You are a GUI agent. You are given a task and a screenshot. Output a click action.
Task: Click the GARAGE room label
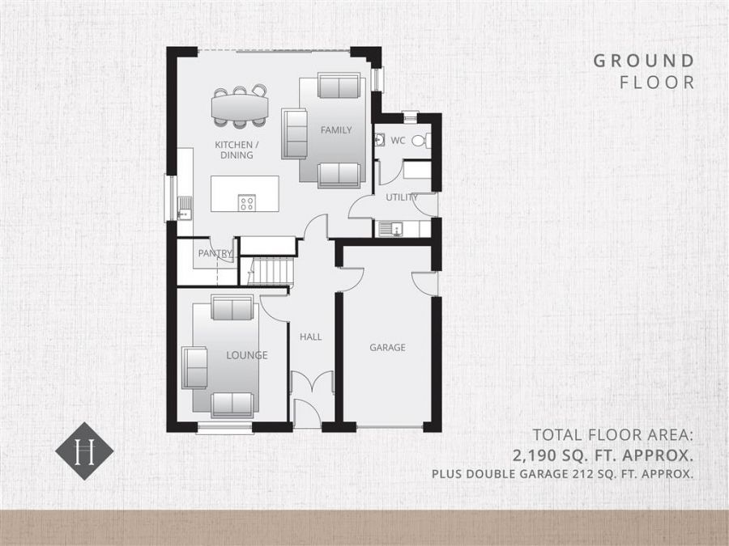(387, 348)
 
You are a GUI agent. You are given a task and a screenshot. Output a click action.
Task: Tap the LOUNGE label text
(246, 355)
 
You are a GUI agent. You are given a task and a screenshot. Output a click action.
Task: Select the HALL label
(311, 336)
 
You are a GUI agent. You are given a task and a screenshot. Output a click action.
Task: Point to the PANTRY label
(215, 253)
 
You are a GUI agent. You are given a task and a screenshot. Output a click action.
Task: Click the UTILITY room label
(402, 197)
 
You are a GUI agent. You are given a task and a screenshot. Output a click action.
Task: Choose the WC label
(398, 141)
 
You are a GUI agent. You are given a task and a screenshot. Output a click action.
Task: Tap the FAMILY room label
(335, 129)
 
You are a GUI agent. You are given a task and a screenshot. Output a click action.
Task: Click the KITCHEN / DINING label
(234, 150)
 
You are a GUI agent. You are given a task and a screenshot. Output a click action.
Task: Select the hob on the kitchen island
(247, 203)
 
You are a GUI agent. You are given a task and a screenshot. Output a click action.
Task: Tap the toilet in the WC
(420, 141)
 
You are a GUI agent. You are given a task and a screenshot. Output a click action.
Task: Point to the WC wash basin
(379, 140)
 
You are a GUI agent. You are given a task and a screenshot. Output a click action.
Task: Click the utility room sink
(394, 229)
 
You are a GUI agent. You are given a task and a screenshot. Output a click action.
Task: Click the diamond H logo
(84, 451)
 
